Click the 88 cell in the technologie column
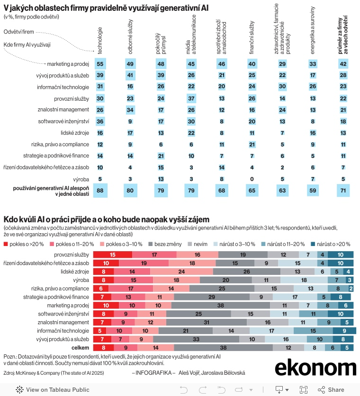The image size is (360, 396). (100, 190)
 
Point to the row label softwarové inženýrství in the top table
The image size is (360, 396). (63, 121)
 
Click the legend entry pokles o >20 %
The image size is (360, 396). (26, 244)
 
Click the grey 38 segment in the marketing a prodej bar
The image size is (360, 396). (221, 306)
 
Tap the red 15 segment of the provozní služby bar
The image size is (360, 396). (113, 255)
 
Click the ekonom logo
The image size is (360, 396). (315, 367)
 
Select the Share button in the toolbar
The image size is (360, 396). (331, 389)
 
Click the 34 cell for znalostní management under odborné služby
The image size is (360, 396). (130, 110)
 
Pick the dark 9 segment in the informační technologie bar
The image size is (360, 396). (344, 331)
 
